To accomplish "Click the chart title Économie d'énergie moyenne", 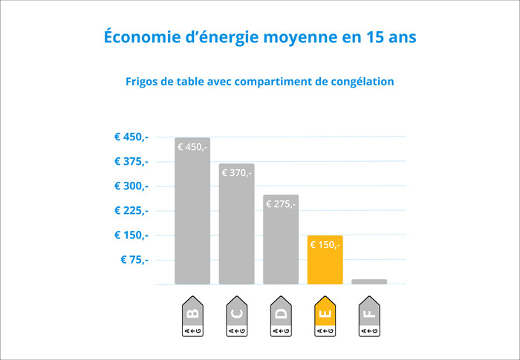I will coord(260,36).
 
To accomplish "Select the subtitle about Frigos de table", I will coord(260,81).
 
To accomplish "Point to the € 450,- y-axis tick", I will coord(131,137).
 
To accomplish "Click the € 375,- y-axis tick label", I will coord(131,161).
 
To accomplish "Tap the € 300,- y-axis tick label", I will coord(131,186).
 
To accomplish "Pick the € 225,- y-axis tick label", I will coord(131,210).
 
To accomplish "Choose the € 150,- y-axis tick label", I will coord(131,235).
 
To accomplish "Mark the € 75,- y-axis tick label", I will coord(134,259).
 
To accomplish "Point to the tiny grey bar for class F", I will coord(369,281).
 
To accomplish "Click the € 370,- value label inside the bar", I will coord(236,173).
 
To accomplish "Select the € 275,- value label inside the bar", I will coord(281,204).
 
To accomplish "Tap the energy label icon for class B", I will coord(192,317).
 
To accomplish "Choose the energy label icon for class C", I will coord(236,317).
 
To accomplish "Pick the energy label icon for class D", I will coord(281,317).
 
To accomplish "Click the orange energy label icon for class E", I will coord(325,317).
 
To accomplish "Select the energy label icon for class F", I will coord(369,317).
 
